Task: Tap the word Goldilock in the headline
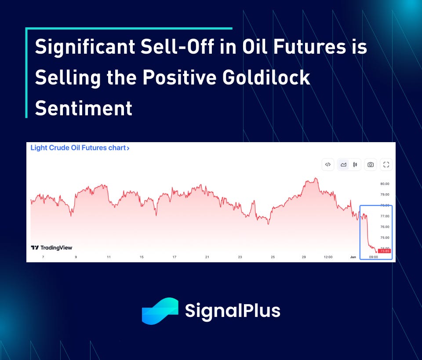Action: (x=266, y=77)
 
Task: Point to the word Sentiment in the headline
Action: (x=84, y=108)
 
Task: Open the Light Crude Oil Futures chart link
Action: (x=80, y=148)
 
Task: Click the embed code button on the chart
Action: (x=328, y=165)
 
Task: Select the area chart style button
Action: (x=343, y=165)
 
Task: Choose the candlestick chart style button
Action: (x=355, y=165)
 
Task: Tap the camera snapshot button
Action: (x=371, y=165)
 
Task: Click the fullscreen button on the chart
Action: (x=386, y=165)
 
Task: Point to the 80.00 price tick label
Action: (x=385, y=184)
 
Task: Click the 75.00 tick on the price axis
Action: (x=385, y=238)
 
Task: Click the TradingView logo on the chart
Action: (x=51, y=248)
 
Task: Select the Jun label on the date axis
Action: (x=353, y=257)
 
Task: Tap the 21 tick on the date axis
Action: (x=207, y=257)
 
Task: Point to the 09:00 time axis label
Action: (x=374, y=257)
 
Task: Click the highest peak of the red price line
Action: (x=316, y=178)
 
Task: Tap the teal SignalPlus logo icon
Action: (x=160, y=311)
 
